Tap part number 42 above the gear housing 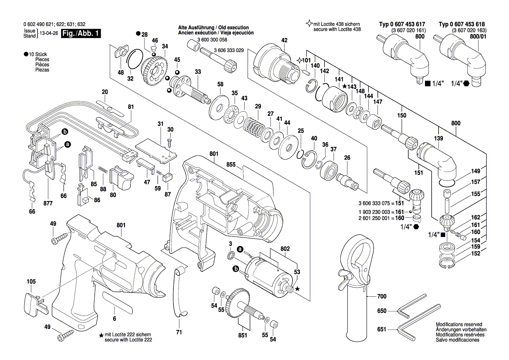click(x=284, y=40)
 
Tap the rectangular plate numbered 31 click(x=156, y=149)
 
